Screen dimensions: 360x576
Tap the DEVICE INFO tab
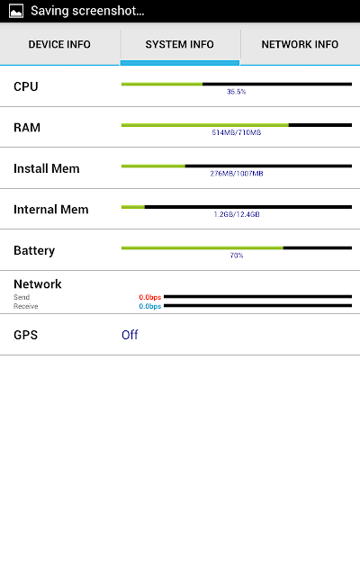coord(59,44)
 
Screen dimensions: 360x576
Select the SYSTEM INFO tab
coord(180,44)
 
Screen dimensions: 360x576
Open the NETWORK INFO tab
coord(300,44)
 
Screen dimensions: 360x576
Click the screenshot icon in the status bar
coord(16,11)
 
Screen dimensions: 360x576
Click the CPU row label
coord(26,86)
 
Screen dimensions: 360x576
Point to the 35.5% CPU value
coord(236,92)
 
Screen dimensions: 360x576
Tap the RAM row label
coord(27,128)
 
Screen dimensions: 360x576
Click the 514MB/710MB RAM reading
coord(237,132)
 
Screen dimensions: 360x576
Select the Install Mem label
coord(47,168)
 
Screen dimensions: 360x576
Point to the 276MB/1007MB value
coord(237,174)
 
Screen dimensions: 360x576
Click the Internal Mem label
coord(51,210)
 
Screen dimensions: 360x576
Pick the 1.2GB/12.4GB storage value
coord(237,214)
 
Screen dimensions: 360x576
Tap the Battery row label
coord(34,251)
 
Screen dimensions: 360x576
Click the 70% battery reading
coord(237,256)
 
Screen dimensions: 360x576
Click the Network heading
coord(38,284)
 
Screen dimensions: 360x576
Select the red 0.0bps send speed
coord(150,297)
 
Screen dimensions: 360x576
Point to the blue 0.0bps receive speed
coord(150,306)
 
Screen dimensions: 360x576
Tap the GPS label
coord(26,335)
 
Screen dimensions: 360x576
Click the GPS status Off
coord(130,335)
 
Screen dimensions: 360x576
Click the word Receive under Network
coord(26,306)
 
